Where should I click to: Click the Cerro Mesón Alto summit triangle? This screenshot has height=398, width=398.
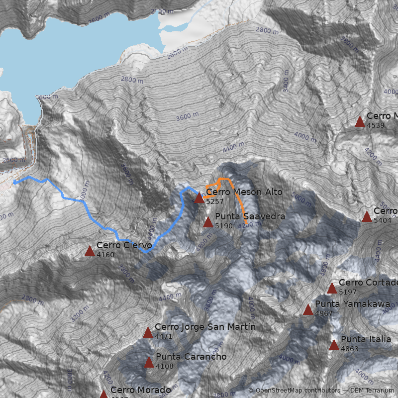point(199,198)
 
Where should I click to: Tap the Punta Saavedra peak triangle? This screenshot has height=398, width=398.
point(208,222)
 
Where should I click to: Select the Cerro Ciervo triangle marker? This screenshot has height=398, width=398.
point(90,251)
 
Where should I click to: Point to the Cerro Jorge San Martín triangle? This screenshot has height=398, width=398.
point(148,333)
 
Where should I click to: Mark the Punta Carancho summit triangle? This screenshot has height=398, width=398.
point(149,363)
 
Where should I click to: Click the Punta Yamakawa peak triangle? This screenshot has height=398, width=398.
point(308,310)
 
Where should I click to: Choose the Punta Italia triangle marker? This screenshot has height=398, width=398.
point(334,345)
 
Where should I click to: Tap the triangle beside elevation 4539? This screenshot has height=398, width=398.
point(360,122)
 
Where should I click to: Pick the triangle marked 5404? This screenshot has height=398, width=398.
point(367,216)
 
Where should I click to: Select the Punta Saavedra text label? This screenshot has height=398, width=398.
point(250,216)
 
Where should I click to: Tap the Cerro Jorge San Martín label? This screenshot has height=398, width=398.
point(205,327)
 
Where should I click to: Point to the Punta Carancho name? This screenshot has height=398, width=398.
point(191,357)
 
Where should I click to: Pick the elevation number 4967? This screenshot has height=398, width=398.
point(323,313)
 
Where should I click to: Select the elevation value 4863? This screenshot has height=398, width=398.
point(349,349)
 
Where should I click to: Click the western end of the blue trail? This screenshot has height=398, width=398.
point(14,183)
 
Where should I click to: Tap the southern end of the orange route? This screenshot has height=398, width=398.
point(245,218)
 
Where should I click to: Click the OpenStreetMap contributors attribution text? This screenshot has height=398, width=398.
point(294,391)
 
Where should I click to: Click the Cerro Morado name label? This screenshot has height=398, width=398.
point(140,390)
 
